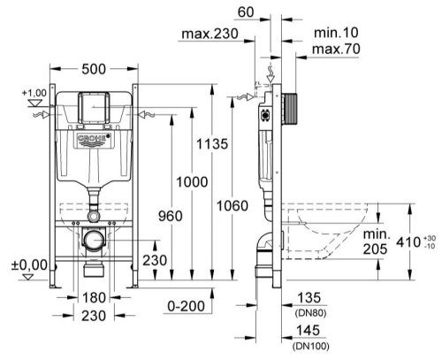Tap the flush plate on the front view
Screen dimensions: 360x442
pos(93,107)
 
